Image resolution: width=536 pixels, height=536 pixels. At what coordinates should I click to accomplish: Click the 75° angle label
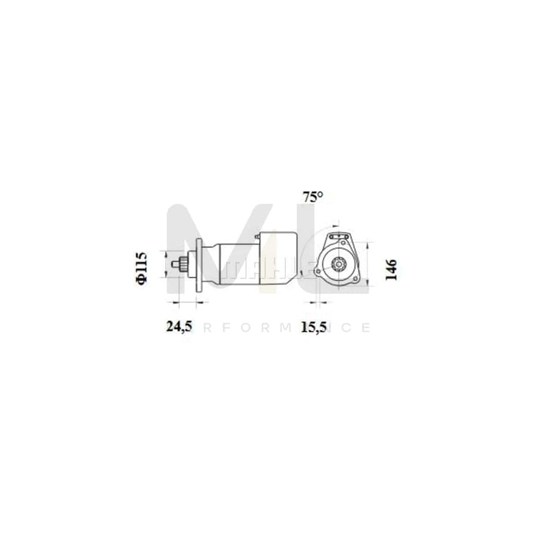312,197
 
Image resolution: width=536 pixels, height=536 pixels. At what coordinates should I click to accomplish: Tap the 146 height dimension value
391,269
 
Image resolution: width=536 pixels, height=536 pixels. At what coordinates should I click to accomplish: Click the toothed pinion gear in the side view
185,264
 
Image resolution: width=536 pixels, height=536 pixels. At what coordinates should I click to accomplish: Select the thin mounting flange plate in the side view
199,265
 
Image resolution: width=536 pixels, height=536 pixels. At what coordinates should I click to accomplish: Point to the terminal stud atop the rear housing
257,236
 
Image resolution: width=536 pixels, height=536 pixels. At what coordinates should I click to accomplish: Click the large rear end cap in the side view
279,262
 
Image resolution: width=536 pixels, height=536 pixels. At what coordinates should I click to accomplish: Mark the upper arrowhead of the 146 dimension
368,244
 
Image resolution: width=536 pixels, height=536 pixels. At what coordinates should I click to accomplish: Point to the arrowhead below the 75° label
335,226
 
